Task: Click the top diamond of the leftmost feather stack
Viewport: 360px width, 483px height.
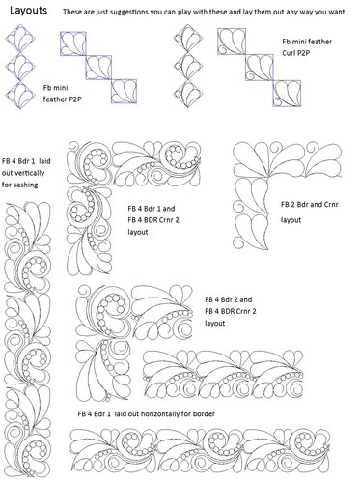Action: [16, 41]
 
